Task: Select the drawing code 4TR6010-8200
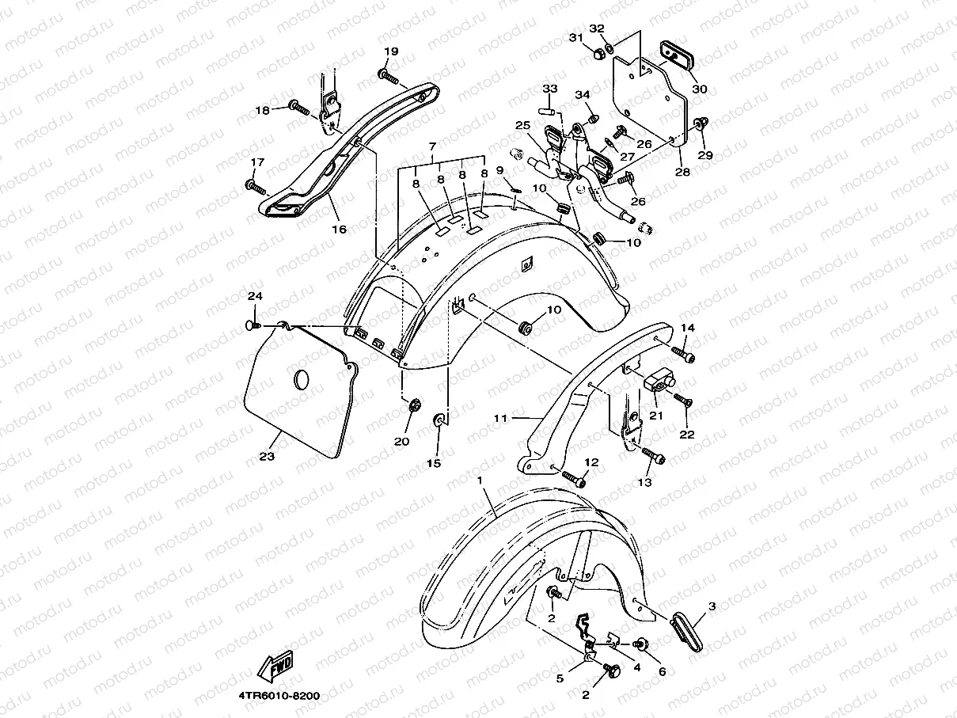tap(279, 695)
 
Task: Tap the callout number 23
tap(266, 457)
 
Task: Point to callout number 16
tap(339, 230)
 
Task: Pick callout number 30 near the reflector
tap(699, 89)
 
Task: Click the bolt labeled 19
tap(387, 75)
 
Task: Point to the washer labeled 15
tap(438, 418)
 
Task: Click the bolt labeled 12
tap(575, 478)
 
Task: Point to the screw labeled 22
tap(683, 401)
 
